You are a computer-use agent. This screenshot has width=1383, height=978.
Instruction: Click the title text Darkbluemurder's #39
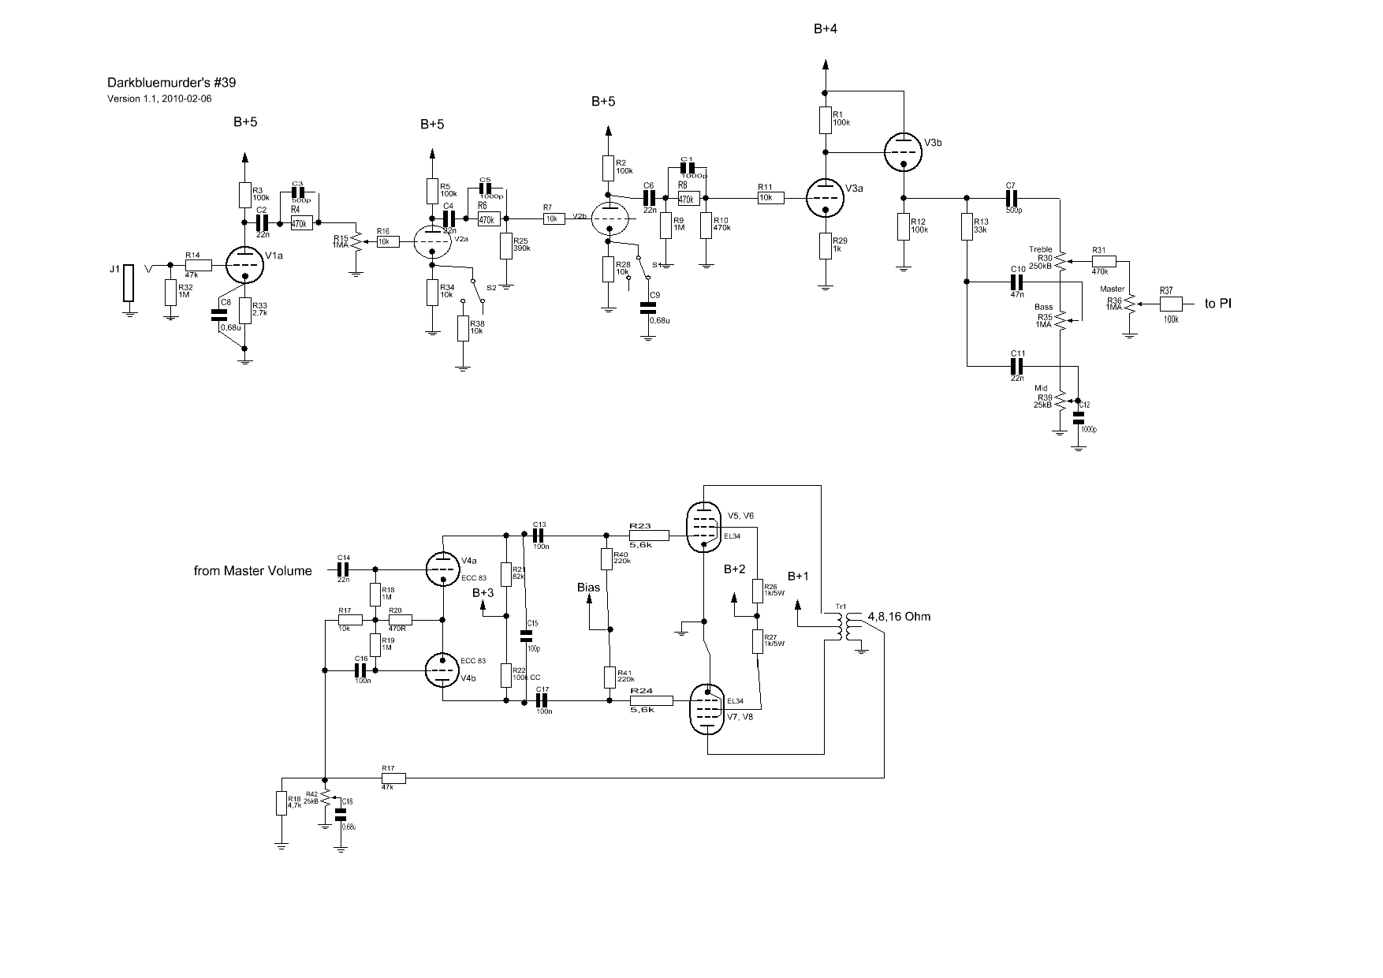(171, 83)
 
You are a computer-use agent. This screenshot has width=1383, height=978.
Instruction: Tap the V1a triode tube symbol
(244, 266)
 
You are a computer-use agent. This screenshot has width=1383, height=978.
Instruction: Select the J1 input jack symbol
(129, 282)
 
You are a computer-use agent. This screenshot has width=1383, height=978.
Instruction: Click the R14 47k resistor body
(199, 265)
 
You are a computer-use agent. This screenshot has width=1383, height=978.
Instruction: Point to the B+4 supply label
(826, 29)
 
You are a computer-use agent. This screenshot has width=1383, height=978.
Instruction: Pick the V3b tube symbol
(903, 152)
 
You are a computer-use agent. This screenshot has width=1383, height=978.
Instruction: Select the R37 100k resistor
(1171, 304)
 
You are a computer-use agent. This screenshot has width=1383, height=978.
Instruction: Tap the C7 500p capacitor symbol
(1012, 197)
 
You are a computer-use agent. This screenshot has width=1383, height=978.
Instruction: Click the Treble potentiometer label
(1040, 250)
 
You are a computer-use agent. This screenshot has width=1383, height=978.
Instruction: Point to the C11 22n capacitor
(1017, 365)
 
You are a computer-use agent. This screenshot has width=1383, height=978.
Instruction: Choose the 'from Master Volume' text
(252, 570)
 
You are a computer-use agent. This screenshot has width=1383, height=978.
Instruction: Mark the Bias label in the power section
(588, 588)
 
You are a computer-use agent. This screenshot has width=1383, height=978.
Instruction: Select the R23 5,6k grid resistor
(649, 536)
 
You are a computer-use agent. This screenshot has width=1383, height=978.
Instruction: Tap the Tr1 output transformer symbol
(846, 627)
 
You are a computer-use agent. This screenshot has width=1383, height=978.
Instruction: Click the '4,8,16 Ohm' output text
(899, 616)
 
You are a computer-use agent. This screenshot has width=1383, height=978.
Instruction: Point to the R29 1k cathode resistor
(825, 245)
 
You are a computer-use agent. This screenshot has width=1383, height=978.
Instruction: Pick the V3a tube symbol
(825, 196)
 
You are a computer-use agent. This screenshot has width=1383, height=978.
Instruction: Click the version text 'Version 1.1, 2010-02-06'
(159, 99)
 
